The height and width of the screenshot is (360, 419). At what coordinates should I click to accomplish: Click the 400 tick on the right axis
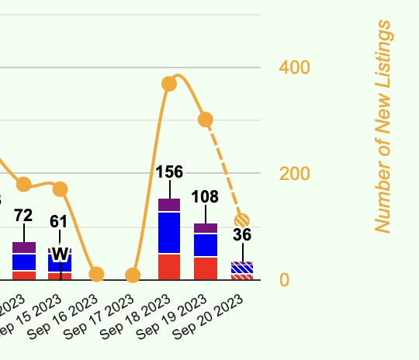tap(295, 67)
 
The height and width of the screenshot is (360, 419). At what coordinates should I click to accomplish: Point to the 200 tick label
tap(295, 173)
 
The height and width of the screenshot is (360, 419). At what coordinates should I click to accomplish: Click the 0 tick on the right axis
tap(285, 279)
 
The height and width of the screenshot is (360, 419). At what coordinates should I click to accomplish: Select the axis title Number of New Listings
tap(383, 126)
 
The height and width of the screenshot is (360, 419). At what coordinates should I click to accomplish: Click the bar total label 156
tap(169, 172)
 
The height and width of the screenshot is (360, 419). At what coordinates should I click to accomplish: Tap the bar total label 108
tap(206, 197)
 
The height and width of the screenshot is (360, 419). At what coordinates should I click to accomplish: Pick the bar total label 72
tap(23, 215)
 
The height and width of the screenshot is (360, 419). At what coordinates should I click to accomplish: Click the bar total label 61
tap(59, 221)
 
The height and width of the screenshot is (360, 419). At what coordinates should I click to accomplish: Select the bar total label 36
tap(242, 235)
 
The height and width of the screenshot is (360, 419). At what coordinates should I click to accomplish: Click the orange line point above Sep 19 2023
tap(206, 119)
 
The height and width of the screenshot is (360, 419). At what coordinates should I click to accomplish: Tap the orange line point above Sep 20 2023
tap(242, 220)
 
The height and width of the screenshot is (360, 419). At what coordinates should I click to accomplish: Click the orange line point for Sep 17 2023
tap(133, 275)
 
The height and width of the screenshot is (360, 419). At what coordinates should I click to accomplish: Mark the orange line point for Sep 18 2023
tap(169, 84)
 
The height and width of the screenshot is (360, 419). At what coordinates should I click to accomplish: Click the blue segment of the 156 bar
tap(169, 232)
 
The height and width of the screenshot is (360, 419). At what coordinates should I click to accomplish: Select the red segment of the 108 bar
tap(206, 268)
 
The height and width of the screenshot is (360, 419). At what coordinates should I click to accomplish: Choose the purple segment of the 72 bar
tap(24, 247)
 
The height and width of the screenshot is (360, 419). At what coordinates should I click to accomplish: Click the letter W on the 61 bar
tap(60, 254)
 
